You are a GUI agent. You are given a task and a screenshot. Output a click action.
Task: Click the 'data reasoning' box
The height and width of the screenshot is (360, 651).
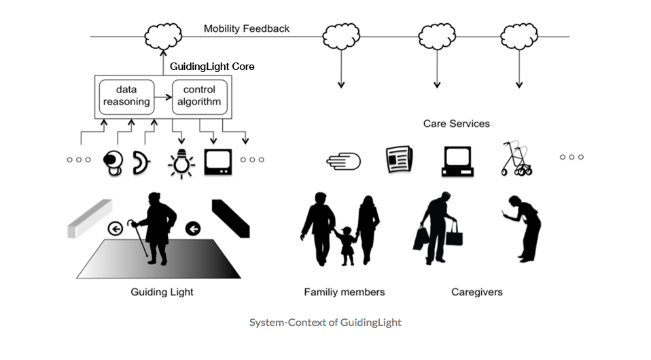tap(126, 96)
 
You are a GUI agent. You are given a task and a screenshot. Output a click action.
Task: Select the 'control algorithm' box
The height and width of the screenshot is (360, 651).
tap(199, 96)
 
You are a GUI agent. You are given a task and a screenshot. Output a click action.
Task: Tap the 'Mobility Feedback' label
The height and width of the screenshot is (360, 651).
tap(247, 29)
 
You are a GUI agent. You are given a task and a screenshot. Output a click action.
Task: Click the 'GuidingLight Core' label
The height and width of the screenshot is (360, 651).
tap(211, 68)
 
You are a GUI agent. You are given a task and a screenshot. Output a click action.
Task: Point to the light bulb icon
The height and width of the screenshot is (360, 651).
tap(181, 161)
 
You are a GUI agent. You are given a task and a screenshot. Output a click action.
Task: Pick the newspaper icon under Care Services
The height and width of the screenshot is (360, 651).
tap(400, 160)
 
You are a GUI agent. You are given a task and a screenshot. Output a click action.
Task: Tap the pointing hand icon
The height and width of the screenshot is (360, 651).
tap(343, 161)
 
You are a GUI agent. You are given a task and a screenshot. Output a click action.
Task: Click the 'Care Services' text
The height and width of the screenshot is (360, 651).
tap(456, 124)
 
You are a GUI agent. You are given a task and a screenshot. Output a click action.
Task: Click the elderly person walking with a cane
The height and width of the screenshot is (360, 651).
tap(156, 228)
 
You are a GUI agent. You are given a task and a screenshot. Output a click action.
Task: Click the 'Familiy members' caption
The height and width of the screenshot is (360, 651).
tap(344, 292)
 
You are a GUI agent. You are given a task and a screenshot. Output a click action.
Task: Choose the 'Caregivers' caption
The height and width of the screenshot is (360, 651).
tap(477, 292)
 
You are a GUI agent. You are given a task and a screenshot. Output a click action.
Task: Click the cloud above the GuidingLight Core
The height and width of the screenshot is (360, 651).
tap(162, 34)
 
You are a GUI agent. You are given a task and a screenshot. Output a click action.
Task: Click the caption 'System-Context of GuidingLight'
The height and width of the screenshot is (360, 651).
tap(325, 323)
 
